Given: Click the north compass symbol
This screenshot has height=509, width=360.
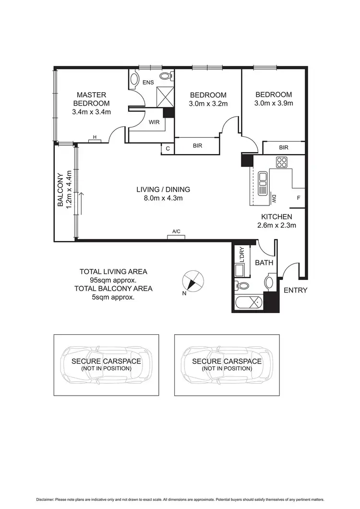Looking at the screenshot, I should point(193,281).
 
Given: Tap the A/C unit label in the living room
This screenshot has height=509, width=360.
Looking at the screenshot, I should point(177,232).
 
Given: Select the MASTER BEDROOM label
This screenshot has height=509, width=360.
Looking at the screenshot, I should point(91,99).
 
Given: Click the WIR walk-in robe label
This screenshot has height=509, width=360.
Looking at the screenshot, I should point(154,122).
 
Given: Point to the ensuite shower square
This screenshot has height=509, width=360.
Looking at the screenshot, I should point(165,97).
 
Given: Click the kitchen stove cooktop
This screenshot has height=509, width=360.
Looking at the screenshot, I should point(282,163).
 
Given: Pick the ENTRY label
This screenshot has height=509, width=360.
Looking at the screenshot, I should point(295,290).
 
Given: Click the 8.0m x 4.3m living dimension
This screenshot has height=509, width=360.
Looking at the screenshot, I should point(163,198).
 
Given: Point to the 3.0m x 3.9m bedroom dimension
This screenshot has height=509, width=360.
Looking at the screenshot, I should point(274,103).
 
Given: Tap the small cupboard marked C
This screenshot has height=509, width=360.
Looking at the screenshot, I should point(168,148).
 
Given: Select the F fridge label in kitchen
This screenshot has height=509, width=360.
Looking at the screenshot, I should point(298,197).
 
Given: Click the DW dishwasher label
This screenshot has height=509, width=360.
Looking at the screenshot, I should point(273,197).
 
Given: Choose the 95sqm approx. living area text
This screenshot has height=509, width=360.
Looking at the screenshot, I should point(113,280).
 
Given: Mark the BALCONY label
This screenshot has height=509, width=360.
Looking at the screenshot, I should point(60,190).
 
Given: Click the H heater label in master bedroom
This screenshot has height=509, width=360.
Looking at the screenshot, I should point(95,138).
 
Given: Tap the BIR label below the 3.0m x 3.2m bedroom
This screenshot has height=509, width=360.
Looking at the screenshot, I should point(197,146).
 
